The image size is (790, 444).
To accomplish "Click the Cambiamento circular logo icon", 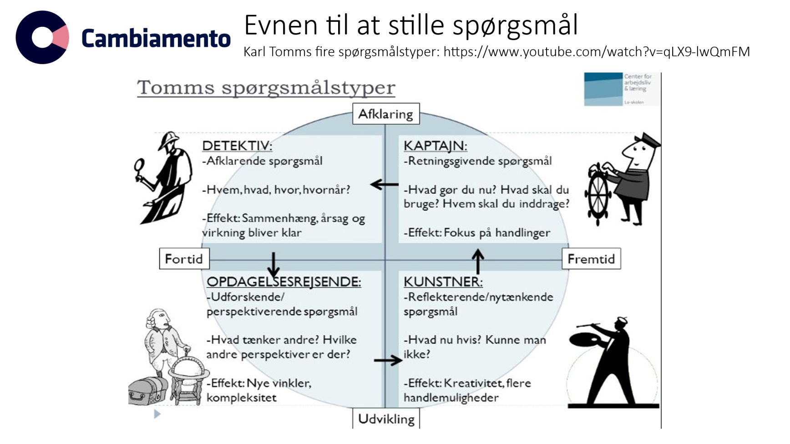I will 42,37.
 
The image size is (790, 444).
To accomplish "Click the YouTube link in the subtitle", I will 597,52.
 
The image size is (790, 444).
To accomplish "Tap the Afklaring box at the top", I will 385,114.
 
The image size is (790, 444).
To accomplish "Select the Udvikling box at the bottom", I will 386,419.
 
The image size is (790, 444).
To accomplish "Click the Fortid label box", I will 184,259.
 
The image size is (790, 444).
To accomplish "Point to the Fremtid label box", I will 591,259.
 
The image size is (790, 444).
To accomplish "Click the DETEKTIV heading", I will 237,146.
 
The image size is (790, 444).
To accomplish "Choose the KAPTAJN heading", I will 435,146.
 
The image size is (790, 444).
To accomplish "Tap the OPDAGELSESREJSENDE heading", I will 284,282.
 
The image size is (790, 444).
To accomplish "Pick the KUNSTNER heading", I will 443,282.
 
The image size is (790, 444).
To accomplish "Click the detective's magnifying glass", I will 139,165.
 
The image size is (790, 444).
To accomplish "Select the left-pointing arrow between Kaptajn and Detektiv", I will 384,185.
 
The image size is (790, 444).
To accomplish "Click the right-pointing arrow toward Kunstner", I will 388,360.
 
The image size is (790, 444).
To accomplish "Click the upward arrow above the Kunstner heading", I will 477,260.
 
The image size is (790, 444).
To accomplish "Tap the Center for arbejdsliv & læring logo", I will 621,89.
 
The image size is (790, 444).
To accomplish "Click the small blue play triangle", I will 157,414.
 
